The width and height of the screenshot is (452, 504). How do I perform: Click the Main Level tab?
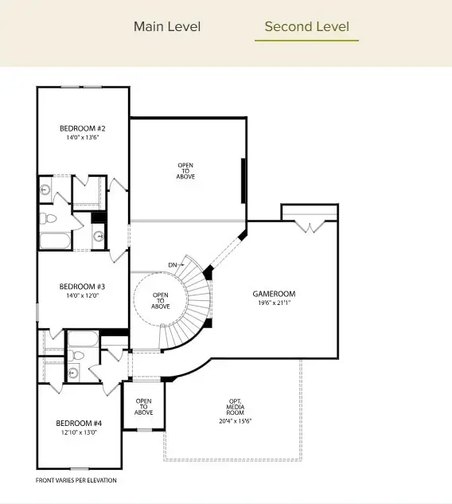(167, 26)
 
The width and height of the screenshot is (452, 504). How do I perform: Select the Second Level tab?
(306, 26)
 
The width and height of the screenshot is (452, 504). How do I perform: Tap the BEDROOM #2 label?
(83, 128)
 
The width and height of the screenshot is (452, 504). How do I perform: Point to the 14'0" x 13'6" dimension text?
(83, 138)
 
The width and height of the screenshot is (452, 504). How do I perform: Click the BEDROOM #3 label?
(83, 286)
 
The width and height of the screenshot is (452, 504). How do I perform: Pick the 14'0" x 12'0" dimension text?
(83, 295)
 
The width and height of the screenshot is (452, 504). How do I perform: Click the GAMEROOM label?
(274, 294)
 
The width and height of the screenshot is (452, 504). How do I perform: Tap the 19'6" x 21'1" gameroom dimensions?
(274, 303)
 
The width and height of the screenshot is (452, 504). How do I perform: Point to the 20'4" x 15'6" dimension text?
(235, 421)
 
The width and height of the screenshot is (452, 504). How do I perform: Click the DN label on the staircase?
(173, 264)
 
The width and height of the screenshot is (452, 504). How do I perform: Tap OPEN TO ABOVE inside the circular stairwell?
(161, 300)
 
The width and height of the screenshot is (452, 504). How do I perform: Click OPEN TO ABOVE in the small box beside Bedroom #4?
(143, 406)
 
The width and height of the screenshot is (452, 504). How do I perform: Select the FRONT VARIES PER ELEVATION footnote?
(76, 480)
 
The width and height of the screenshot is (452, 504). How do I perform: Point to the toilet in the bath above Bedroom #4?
(76, 355)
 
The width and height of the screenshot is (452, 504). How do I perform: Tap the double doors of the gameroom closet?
(309, 227)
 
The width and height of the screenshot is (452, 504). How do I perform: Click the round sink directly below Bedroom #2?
(45, 189)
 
